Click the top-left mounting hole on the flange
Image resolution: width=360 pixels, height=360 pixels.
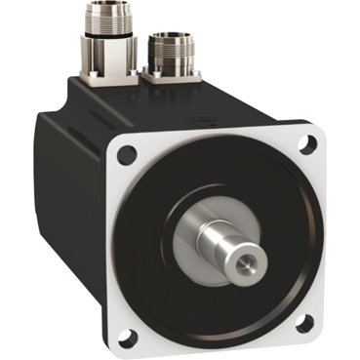pos(124,154)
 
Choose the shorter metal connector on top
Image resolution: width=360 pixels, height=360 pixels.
pos(174,53)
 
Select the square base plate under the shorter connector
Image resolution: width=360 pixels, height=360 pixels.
pos(172,74)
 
